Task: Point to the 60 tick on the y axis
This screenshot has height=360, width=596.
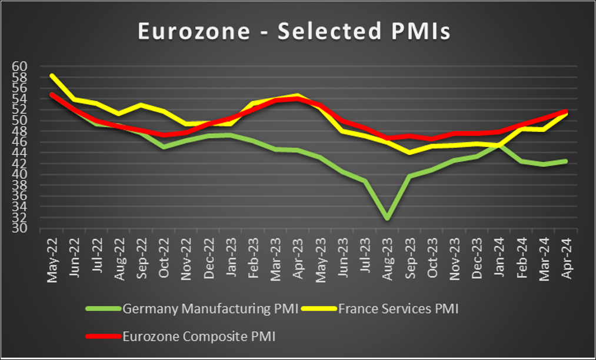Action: click(x=19, y=66)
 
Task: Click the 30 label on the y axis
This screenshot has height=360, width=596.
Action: click(x=19, y=229)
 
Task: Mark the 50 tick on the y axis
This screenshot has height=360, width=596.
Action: click(x=19, y=121)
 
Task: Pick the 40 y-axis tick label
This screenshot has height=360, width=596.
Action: click(x=19, y=175)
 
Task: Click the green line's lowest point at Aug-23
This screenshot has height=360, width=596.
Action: click(x=387, y=219)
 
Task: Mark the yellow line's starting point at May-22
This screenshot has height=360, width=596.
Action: click(x=52, y=76)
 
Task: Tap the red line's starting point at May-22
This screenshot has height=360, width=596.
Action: click(x=52, y=94)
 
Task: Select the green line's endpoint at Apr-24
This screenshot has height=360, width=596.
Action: click(x=566, y=161)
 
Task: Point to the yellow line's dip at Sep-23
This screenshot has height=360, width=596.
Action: click(x=409, y=152)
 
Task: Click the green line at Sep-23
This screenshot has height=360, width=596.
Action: click(x=409, y=176)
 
